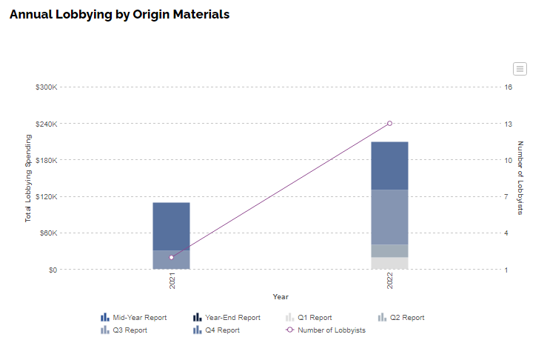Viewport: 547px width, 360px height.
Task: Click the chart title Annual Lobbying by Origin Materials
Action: tap(120, 15)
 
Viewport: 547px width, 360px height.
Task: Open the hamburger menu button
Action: tap(520, 69)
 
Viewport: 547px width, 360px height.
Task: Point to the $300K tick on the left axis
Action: tap(46, 87)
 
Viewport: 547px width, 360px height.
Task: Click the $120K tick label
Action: tap(46, 196)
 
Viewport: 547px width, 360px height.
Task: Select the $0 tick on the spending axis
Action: tap(53, 270)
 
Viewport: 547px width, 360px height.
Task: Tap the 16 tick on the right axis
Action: tap(509, 87)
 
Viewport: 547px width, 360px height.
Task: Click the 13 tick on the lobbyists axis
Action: tap(509, 124)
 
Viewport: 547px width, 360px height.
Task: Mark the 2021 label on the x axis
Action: tap(172, 281)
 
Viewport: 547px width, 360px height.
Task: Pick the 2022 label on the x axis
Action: tap(389, 281)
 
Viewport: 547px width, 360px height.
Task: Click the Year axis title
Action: tap(281, 297)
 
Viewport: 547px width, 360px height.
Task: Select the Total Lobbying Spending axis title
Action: tap(28, 178)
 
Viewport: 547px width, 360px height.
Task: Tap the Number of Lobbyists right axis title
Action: tap(520, 178)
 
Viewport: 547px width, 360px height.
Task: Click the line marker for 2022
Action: tap(389, 123)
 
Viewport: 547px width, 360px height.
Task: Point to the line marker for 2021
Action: tap(171, 257)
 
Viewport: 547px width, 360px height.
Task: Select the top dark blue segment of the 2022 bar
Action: tap(389, 166)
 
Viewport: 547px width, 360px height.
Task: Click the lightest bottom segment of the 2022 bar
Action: tap(389, 263)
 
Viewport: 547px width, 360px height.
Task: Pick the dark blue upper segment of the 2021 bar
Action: tap(171, 226)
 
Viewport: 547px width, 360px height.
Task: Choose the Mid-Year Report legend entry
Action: tap(134, 317)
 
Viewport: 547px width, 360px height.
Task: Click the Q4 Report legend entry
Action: tap(216, 330)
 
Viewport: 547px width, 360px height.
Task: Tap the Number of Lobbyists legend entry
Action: tap(326, 330)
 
